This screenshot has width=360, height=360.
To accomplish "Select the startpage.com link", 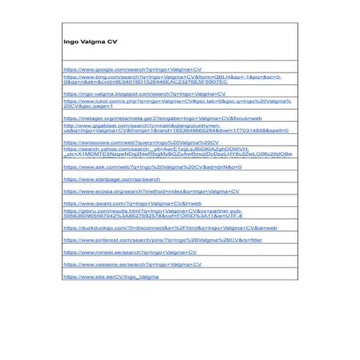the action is pyautogui.click(x=112, y=179).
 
